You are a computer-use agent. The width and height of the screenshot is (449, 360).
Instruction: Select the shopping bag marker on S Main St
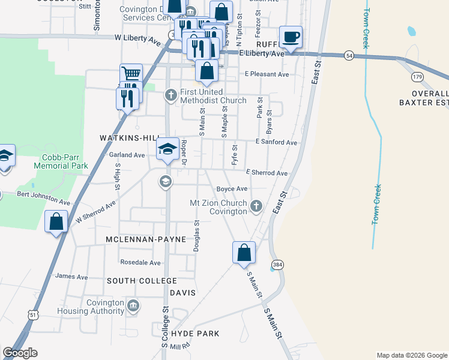pyautogui.click(x=244, y=252)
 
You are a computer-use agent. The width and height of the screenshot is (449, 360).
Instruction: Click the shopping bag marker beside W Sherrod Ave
pyautogui.click(x=56, y=221)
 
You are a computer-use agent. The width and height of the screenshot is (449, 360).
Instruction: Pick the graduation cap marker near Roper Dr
pyautogui.click(x=167, y=149)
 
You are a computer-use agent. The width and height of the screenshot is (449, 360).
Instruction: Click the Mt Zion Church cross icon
pyautogui.click(x=256, y=206)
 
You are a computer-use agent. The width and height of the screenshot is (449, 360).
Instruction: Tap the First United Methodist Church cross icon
pyautogui.click(x=171, y=94)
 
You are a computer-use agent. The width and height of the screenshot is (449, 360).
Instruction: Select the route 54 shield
pyautogui.click(x=349, y=56)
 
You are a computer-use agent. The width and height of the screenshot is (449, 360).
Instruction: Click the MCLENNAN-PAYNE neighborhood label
pyautogui.click(x=142, y=239)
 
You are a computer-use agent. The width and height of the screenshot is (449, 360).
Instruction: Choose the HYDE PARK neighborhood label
pyautogui.click(x=195, y=333)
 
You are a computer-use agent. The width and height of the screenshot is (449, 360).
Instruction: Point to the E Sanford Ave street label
pyautogui.click(x=276, y=142)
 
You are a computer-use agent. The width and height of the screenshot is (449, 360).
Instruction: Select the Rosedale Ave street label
pyautogui.click(x=140, y=262)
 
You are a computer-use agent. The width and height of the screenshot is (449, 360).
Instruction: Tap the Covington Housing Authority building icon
pyautogui.click(x=133, y=305)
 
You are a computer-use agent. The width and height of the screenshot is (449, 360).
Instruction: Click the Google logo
pyautogui.click(x=20, y=353)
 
